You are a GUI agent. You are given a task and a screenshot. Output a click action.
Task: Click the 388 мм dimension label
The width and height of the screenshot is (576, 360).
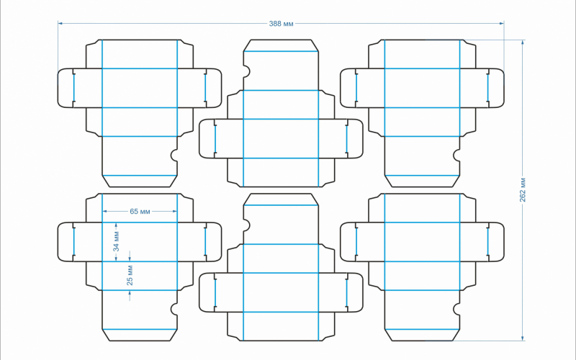281,24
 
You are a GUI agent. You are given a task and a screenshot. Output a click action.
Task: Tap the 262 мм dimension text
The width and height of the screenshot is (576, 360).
523,189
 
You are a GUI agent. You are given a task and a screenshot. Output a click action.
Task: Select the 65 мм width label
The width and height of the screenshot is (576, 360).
140,211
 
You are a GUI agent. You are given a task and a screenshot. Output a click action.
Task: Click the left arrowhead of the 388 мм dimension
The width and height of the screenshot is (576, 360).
60,24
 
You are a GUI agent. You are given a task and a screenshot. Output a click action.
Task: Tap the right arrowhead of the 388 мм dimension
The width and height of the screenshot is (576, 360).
501,24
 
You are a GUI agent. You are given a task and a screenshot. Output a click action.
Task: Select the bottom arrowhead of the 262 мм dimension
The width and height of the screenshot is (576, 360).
523,338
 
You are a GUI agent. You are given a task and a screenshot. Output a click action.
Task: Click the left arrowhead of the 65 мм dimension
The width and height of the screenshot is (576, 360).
105,211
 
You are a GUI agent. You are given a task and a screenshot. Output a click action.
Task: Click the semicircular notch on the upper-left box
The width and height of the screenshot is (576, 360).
174,154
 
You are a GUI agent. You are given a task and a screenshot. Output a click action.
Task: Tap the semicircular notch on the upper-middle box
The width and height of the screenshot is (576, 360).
246,72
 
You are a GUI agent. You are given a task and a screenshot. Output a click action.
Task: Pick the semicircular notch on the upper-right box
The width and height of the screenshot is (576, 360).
456,154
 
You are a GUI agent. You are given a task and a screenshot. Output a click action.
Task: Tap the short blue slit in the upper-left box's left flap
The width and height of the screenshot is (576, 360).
73,88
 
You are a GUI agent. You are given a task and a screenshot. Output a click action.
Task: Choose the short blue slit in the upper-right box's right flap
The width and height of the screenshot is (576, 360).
487,88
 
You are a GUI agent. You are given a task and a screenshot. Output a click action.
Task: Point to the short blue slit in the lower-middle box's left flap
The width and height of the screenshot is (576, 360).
215,292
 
